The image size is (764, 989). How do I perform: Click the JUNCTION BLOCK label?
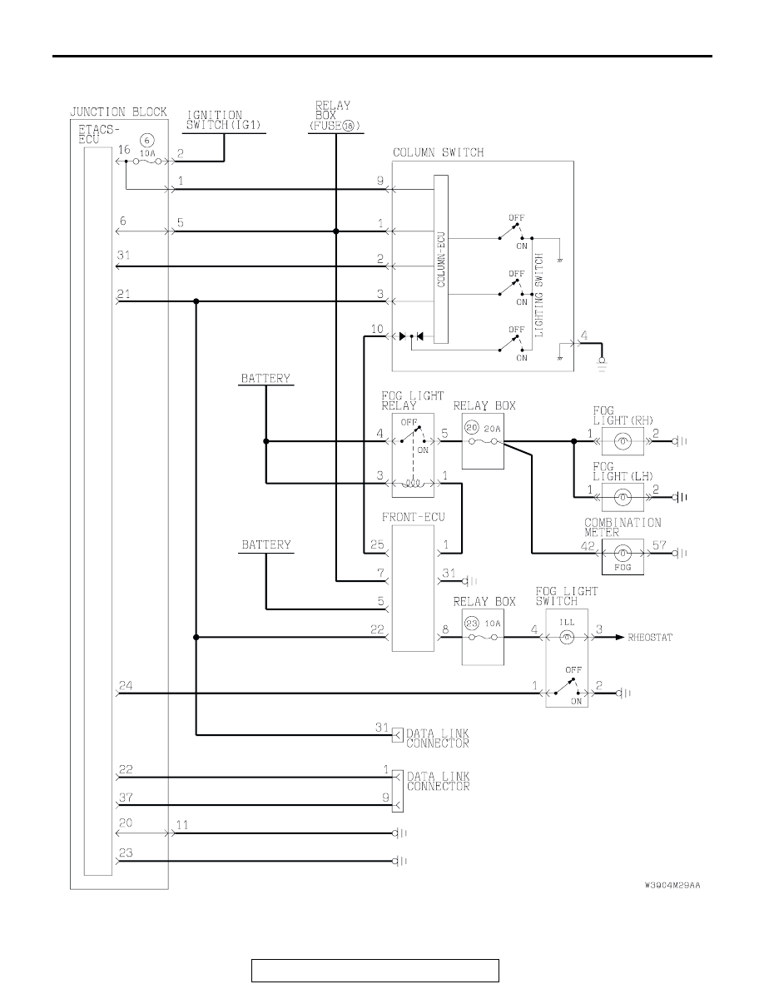pos(118,112)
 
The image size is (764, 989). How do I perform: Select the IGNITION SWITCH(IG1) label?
pos(225,120)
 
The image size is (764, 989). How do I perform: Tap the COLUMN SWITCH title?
pos(438,152)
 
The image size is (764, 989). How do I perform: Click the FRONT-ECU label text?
pos(413,517)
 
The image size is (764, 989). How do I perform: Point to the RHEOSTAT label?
pos(650,637)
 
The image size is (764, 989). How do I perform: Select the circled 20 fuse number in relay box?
pos(472,428)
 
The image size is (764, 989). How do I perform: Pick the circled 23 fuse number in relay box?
pos(472,624)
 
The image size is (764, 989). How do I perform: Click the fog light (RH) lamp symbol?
pos(623,441)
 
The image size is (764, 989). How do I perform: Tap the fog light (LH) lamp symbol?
pos(623,497)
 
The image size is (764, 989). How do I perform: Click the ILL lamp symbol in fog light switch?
pos(567,638)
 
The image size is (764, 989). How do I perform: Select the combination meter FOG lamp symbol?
pos(623,553)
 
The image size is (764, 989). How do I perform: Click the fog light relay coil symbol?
pos(414,485)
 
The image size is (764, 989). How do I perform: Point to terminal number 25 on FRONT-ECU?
pos(377,544)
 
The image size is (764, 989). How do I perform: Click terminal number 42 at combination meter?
pos(588,545)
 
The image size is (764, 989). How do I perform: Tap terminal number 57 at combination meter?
pos(659,545)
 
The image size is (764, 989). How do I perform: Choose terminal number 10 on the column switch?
pos(377,329)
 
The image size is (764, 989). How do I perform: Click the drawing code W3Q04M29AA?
pos(672,885)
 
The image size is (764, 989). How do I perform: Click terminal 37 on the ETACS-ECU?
pos(126,798)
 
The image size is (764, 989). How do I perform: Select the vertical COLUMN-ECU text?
pos(441,260)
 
